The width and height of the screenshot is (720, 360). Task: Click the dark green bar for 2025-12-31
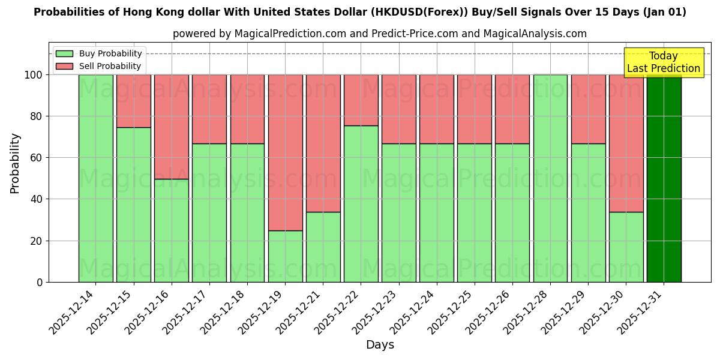point(664,178)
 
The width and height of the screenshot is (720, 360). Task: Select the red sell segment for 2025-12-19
point(285,152)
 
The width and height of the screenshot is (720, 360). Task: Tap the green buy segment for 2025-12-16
point(172,230)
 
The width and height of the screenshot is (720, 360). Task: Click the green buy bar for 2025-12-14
point(95,178)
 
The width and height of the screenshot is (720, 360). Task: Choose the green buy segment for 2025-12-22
point(361,203)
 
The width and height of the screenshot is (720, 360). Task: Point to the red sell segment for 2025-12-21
point(323,143)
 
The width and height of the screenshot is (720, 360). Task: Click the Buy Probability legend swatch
point(64,54)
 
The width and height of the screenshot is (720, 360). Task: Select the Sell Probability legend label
point(110,67)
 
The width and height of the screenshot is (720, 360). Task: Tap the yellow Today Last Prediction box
point(663,62)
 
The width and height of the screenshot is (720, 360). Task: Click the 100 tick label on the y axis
point(34,75)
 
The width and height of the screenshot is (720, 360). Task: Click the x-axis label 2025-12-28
point(526,317)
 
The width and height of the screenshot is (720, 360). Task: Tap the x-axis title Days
point(380,345)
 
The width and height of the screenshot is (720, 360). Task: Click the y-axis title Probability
point(15,163)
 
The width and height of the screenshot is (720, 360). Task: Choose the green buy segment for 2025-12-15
point(133,205)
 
